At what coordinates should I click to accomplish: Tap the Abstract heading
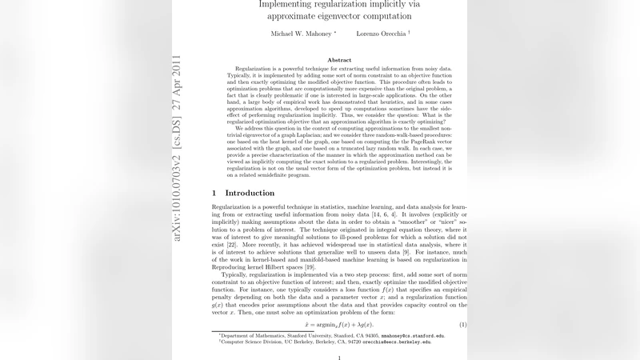tap(339, 60)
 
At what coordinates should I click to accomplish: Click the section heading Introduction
tap(250, 193)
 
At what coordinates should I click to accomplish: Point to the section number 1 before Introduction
tap(214, 193)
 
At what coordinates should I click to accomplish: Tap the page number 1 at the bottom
tap(339, 357)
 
